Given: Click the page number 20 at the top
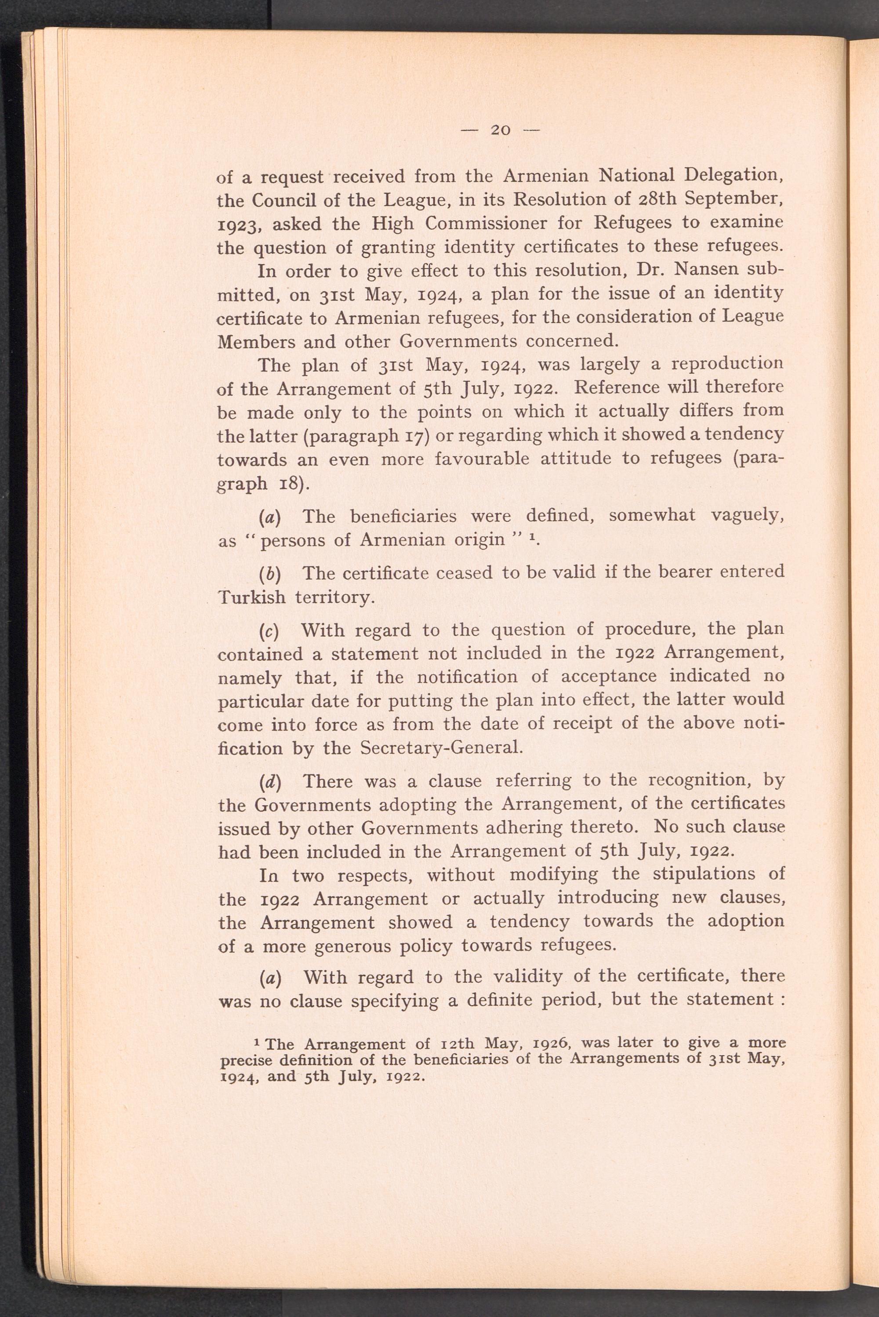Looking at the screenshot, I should pyautogui.click(x=501, y=130).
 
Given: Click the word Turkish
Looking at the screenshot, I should pyautogui.click(x=251, y=597).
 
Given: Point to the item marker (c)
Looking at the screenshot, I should pyautogui.click(x=270, y=631).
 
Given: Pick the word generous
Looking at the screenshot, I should pyautogui.click(x=360, y=946).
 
